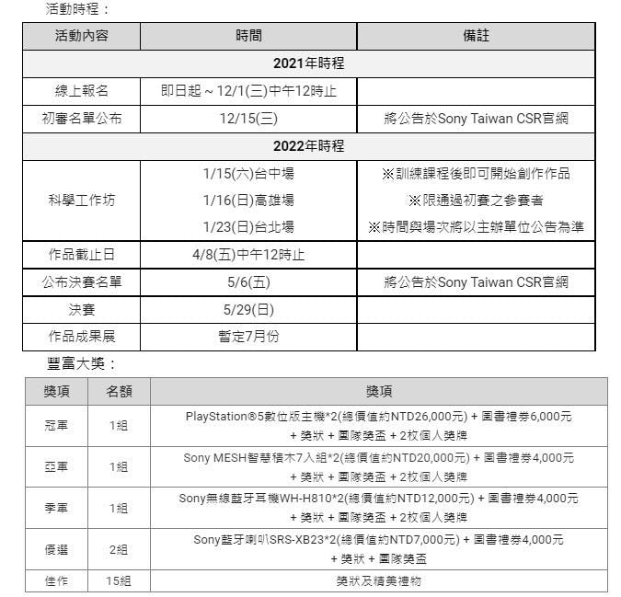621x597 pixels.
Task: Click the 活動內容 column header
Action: (82, 36)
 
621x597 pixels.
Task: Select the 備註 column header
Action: (476, 36)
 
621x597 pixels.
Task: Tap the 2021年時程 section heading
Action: (308, 63)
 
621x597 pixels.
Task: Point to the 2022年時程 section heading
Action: (308, 146)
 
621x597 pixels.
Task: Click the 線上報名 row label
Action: (82, 91)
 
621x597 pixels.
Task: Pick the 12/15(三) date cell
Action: (248, 119)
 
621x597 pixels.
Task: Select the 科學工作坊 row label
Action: (82, 200)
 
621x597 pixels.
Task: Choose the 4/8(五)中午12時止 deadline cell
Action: (248, 255)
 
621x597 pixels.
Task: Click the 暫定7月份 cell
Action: (248, 337)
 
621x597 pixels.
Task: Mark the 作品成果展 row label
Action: (82, 337)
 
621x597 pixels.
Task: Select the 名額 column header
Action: (119, 392)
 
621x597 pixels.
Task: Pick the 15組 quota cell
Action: (119, 580)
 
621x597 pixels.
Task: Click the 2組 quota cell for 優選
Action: (119, 549)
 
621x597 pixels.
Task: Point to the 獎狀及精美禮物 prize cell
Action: (378, 580)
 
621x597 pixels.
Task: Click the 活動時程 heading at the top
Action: (77, 9)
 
